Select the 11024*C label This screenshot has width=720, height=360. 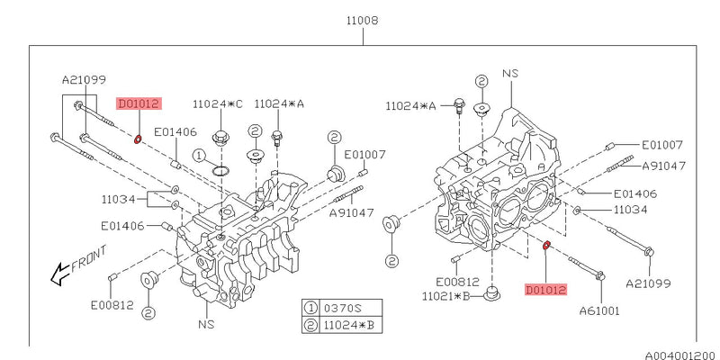217,103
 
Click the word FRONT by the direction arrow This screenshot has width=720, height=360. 88,261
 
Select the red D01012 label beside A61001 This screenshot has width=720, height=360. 547,290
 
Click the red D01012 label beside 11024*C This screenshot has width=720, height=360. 138,103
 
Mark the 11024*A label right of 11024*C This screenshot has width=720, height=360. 279,103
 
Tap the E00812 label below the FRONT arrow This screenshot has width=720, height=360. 112,304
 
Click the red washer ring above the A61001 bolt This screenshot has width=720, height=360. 546,245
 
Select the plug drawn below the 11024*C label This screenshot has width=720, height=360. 219,139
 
